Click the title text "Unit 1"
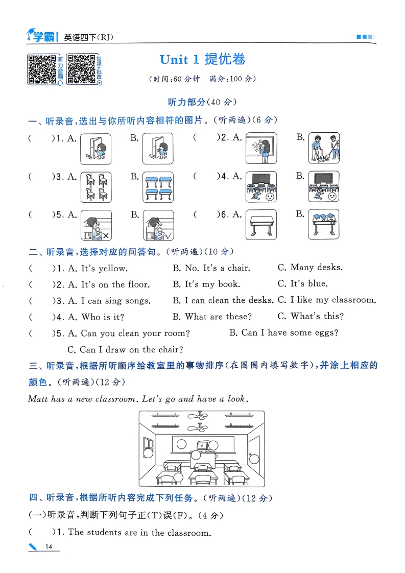point(179,60)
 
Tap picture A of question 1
point(96,149)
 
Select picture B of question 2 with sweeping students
point(324,149)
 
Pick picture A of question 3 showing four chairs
point(96,187)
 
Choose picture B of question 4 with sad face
point(324,187)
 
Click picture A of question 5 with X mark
point(96,225)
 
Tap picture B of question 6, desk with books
point(324,225)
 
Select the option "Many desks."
point(317,268)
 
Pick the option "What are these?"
point(218,317)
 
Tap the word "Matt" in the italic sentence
point(38,399)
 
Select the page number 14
point(49,547)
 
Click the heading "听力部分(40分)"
point(202,102)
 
